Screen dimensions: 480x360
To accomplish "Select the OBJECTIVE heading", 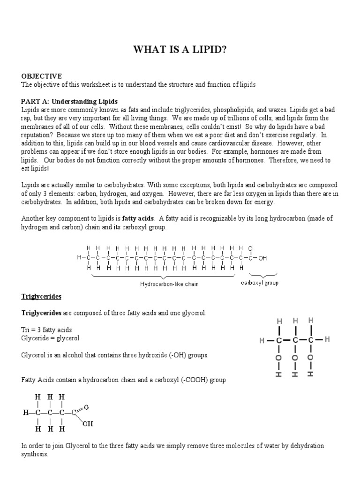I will (41, 76).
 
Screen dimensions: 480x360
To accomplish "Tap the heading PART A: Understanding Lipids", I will (69, 101).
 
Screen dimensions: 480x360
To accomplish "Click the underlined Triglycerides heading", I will (41, 297).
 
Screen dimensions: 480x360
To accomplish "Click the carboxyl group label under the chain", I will (259, 283).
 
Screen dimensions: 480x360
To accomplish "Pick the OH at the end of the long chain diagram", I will (262, 257).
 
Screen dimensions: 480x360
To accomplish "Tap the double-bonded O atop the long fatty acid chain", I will (250, 248).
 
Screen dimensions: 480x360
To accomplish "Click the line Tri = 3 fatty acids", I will (46, 330).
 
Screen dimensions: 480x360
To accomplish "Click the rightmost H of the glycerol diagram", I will (327, 339).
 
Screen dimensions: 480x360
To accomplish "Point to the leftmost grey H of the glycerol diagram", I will (262, 341).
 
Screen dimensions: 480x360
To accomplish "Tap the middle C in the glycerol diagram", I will (295, 339).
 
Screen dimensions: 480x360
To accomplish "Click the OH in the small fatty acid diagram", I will (88, 424).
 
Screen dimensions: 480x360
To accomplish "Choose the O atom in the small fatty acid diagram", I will (86, 407).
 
